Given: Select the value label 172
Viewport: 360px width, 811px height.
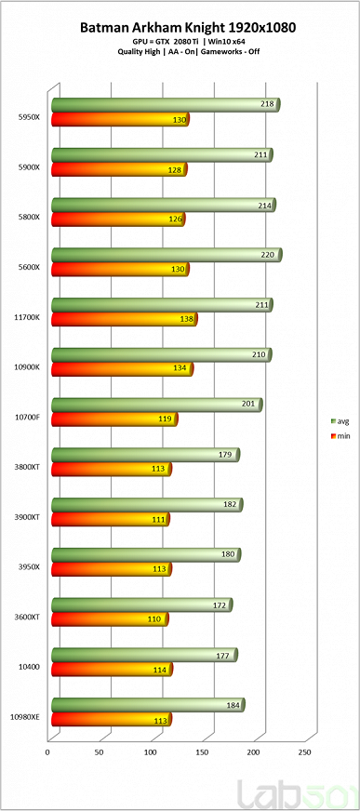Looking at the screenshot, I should point(218,605).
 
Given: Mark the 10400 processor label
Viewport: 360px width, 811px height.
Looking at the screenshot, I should point(28,667).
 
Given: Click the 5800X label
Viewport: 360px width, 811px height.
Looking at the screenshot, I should point(28,217).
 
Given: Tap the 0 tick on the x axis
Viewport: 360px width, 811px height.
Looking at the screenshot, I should point(47,750).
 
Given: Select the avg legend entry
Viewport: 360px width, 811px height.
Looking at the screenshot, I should point(340,420).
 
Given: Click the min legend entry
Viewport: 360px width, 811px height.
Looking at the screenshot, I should point(340,435).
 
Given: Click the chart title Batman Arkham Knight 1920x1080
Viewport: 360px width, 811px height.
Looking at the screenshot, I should point(181,28).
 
